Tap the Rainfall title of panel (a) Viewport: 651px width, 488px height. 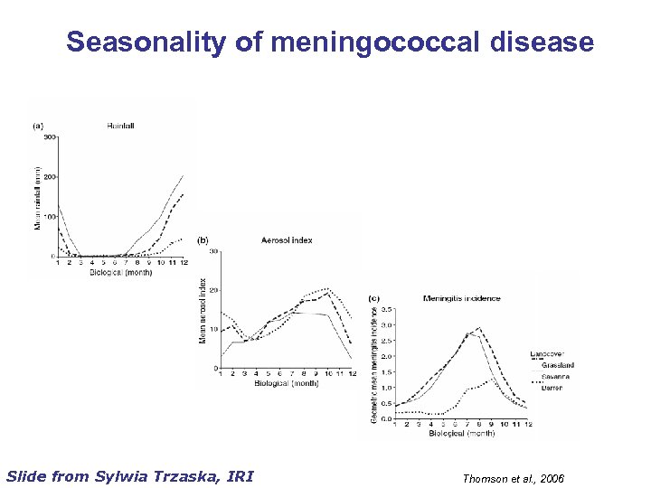click(x=121, y=126)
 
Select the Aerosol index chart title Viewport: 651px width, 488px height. click(x=288, y=240)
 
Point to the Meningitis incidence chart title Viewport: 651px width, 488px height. click(x=461, y=298)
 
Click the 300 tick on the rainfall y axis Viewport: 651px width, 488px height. click(x=49, y=137)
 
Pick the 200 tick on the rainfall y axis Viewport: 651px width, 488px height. click(x=49, y=177)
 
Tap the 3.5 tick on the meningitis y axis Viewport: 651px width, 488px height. click(x=385, y=309)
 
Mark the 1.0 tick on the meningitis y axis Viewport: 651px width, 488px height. click(x=385, y=388)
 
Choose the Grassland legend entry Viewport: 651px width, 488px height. click(x=558, y=364)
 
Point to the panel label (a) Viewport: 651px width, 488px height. click(x=38, y=126)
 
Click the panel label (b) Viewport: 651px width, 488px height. click(x=203, y=240)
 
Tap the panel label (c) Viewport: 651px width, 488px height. click(x=374, y=298)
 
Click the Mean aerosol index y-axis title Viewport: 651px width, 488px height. click(x=203, y=310)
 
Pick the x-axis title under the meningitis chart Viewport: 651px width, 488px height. click(x=462, y=434)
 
